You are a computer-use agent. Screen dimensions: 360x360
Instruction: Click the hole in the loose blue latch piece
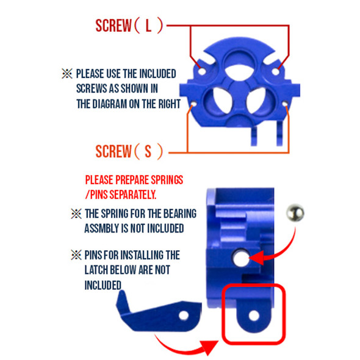(x=183, y=315)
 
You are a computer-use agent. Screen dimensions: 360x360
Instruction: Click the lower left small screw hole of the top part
(x=194, y=104)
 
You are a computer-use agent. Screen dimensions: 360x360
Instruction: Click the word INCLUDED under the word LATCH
(x=103, y=284)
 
